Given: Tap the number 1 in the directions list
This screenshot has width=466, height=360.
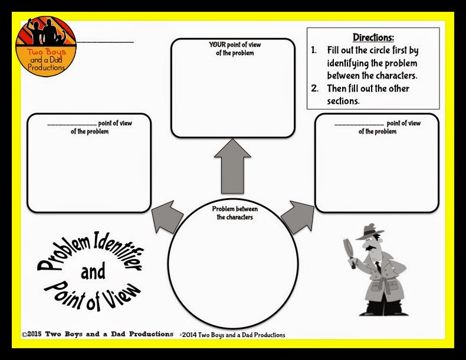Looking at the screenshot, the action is (x=314, y=51).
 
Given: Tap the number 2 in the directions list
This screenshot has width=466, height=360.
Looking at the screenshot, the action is (x=315, y=89).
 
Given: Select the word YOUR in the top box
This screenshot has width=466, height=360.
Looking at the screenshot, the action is (x=216, y=44).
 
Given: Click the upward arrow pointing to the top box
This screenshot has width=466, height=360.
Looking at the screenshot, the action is (x=233, y=172).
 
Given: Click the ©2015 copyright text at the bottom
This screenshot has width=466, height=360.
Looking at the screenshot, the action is (x=97, y=335).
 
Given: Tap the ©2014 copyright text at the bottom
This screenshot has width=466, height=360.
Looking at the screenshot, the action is (x=232, y=335).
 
